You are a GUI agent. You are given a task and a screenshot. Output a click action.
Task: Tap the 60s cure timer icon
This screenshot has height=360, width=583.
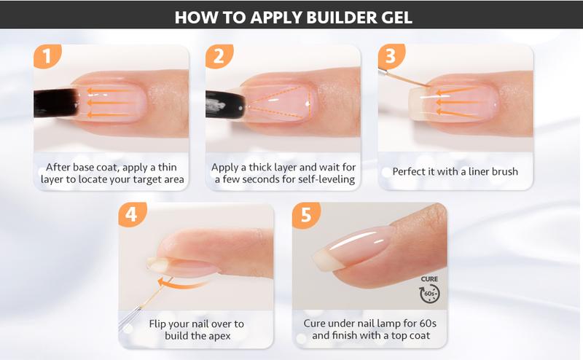(x=429, y=293)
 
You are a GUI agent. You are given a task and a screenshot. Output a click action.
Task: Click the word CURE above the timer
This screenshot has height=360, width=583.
(x=429, y=278)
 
